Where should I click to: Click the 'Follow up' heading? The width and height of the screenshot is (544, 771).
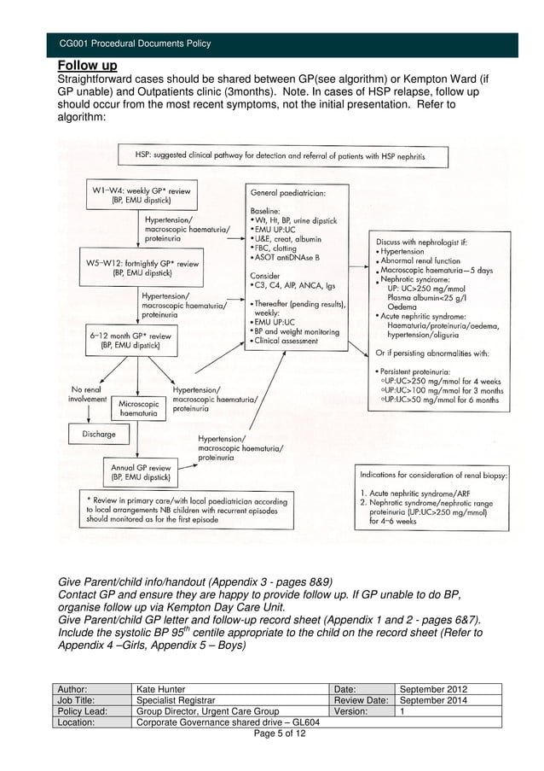coord(87,66)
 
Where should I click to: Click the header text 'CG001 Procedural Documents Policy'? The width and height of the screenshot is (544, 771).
coord(134,44)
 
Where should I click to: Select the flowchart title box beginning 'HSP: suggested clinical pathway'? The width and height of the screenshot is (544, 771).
coord(278,156)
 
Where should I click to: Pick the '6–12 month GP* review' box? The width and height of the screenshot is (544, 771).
coord(130,341)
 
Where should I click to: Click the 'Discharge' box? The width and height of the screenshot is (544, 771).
coord(99,434)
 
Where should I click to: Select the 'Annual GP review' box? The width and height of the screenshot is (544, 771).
coord(141,473)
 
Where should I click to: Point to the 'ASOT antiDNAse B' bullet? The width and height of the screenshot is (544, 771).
coord(286,257)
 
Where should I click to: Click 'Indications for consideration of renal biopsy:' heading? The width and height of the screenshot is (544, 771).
coord(432,474)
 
